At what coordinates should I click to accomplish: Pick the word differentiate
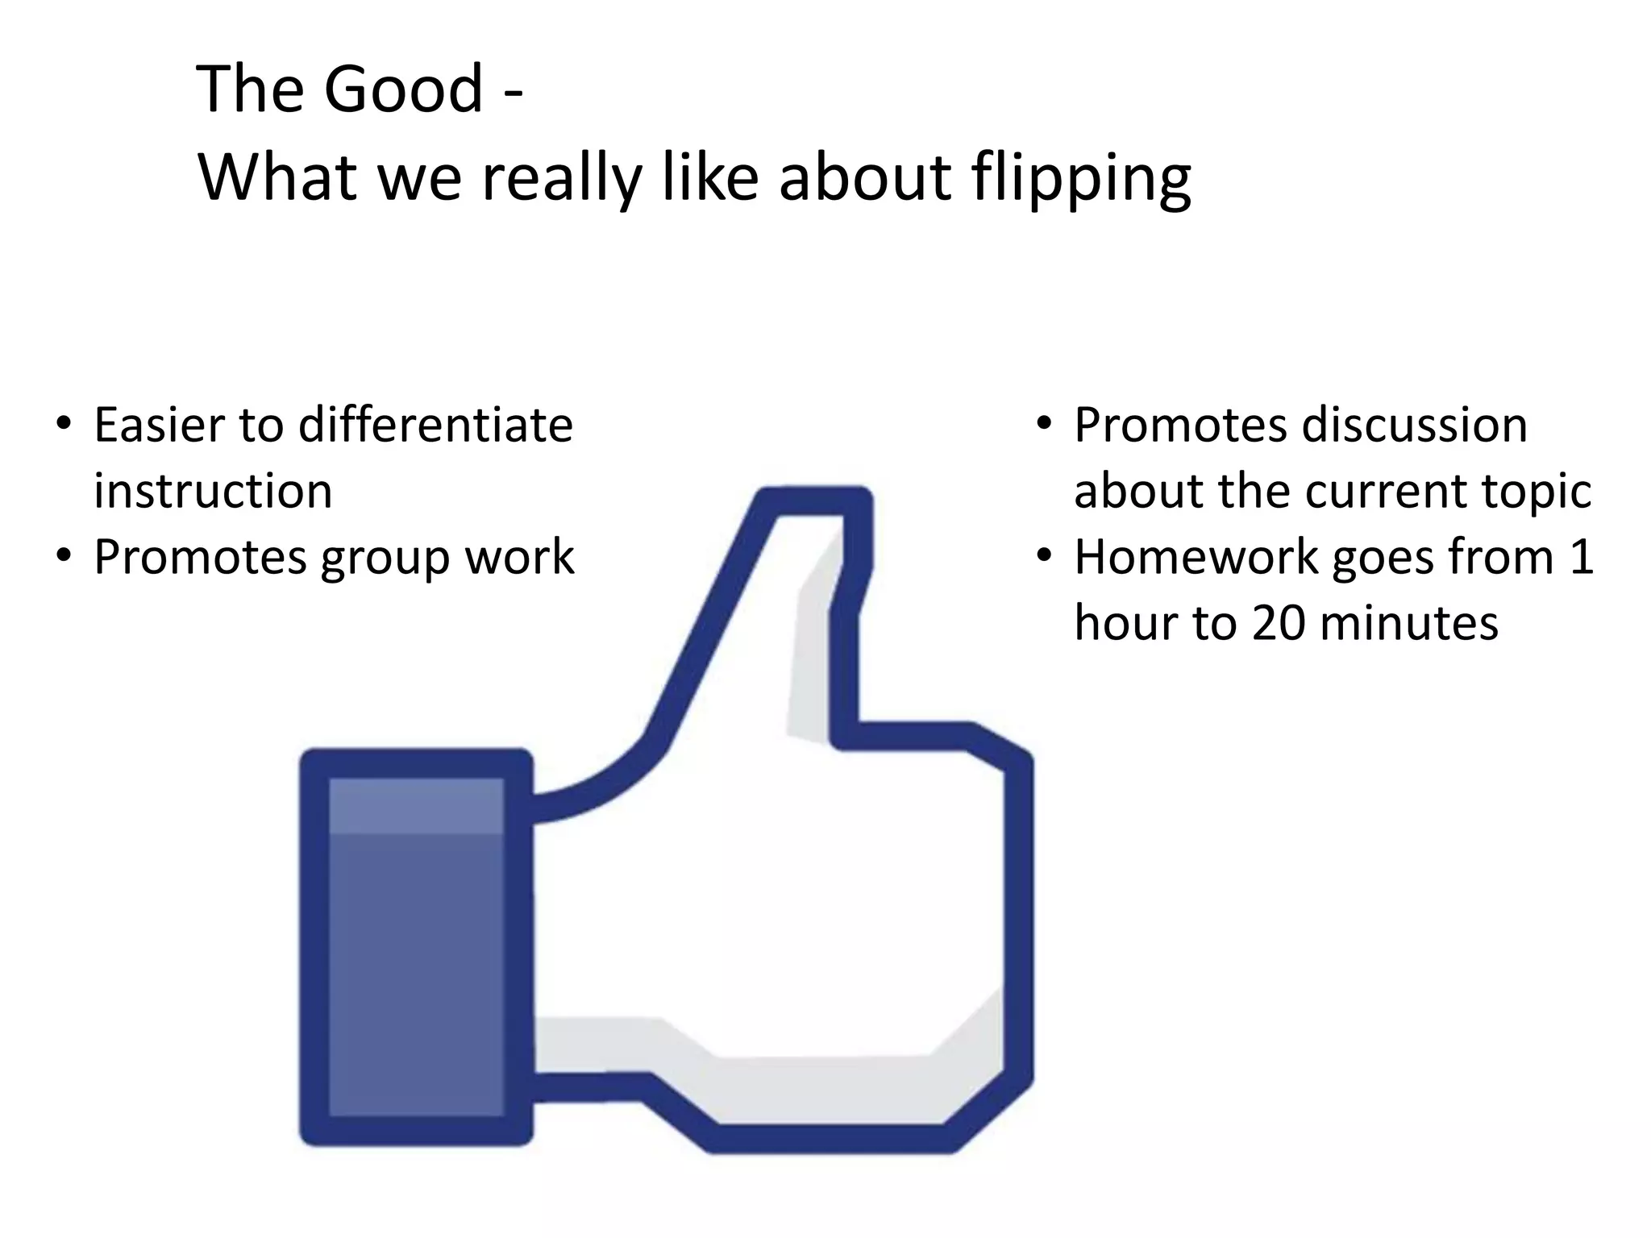[435, 425]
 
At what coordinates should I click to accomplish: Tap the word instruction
[213, 491]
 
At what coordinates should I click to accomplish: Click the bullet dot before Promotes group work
[64, 556]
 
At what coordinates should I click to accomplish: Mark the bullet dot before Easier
[64, 424]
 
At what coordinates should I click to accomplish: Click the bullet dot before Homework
[1045, 556]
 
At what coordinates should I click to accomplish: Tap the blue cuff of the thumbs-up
[416, 947]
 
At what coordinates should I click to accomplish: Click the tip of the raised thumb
[814, 504]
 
